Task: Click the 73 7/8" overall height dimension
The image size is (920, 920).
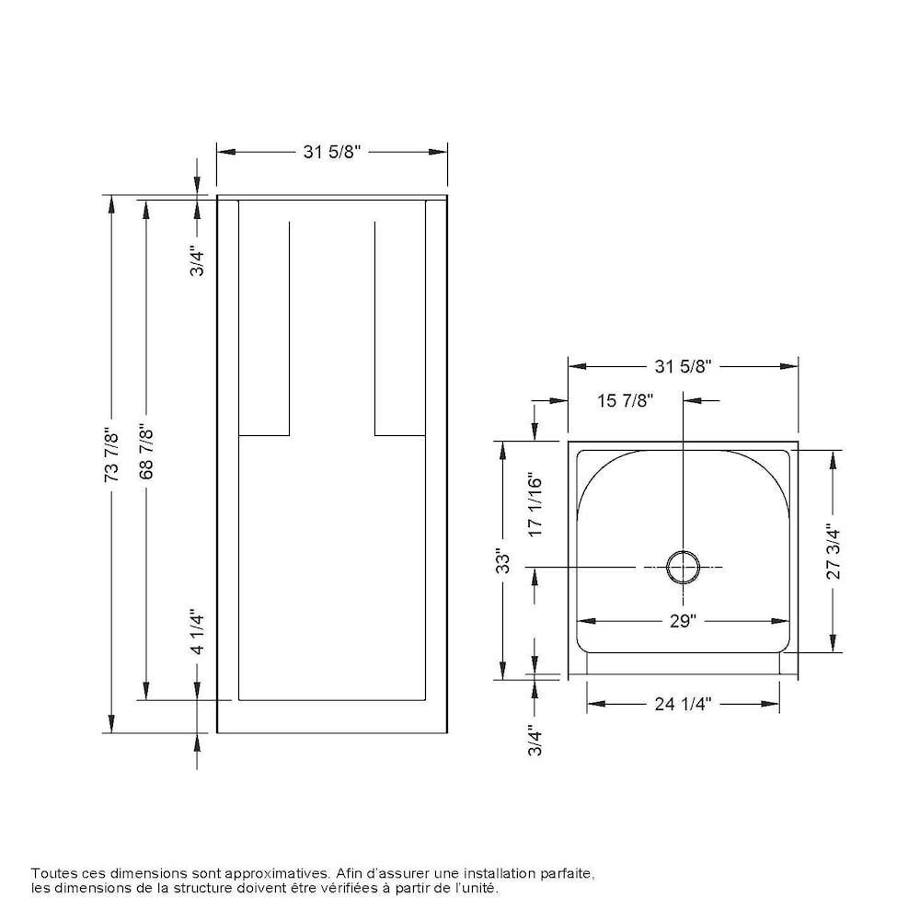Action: (x=112, y=454)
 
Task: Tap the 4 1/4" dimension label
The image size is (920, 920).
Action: (x=196, y=631)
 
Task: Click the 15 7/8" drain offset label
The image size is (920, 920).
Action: (x=625, y=401)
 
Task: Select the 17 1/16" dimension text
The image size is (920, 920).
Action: (x=537, y=504)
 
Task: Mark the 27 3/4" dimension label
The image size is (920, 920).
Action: (x=834, y=551)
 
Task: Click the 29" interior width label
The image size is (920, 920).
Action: (x=682, y=621)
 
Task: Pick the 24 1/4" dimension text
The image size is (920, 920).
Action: (x=684, y=704)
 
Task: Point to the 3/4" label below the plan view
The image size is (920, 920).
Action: (x=536, y=740)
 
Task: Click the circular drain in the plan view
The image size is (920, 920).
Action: (x=683, y=568)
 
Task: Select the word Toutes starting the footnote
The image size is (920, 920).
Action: (x=52, y=872)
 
